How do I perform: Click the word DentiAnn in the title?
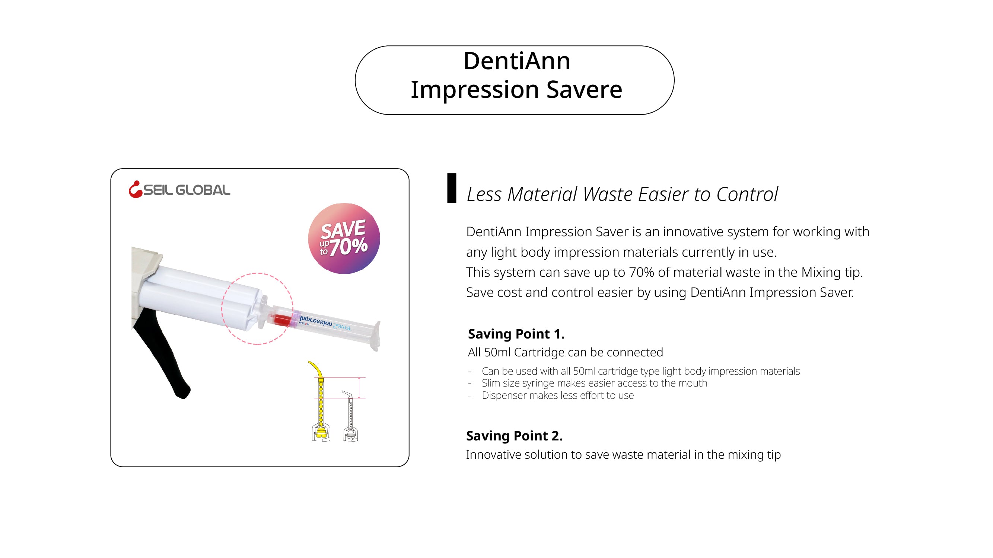click(x=516, y=61)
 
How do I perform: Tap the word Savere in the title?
click(x=585, y=89)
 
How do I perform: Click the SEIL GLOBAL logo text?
click(x=187, y=190)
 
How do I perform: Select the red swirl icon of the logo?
click(x=135, y=189)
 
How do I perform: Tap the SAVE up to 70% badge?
click(x=344, y=238)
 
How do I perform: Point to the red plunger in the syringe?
click(x=281, y=320)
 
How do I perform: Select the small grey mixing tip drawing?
click(x=350, y=416)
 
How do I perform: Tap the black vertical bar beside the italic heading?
click(x=451, y=188)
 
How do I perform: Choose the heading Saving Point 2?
click(x=514, y=436)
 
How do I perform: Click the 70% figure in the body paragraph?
click(x=642, y=272)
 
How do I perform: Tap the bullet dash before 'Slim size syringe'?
click(x=470, y=384)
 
